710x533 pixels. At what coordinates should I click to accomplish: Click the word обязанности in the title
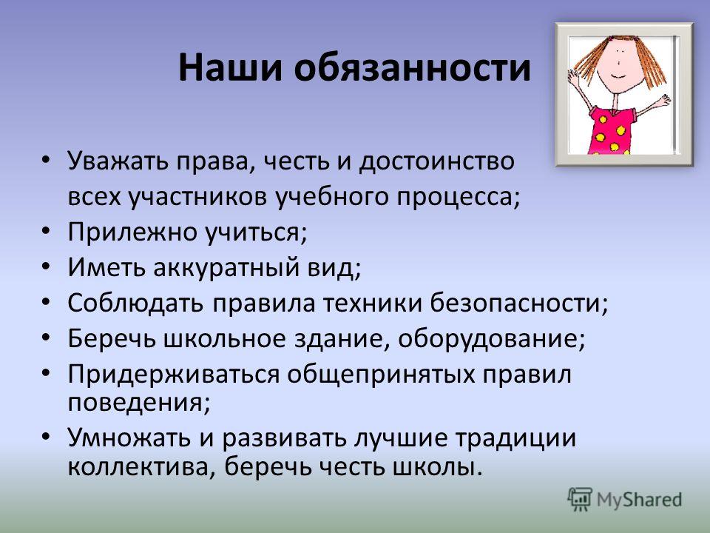click(x=412, y=67)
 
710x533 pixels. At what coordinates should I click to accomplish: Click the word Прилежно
click(x=132, y=232)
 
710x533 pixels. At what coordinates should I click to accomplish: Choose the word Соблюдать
click(x=135, y=303)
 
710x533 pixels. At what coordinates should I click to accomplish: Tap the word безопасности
click(x=518, y=303)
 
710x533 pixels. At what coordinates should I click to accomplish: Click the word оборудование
click(x=491, y=338)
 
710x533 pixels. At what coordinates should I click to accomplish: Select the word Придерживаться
click(x=174, y=375)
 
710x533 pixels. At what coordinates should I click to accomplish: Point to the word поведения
click(x=139, y=403)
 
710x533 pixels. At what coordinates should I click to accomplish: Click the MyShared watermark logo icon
click(x=580, y=499)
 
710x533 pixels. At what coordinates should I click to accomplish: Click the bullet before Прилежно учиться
click(x=45, y=231)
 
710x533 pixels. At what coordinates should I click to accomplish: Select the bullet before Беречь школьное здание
click(x=45, y=338)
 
